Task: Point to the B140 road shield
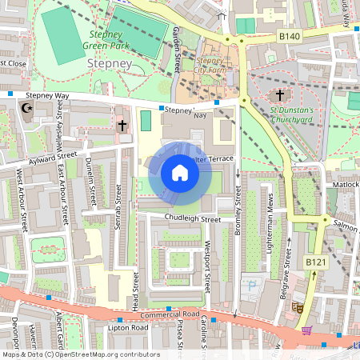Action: (288, 36)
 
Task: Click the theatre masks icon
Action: (297, 306)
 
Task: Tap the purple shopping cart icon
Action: (306, 330)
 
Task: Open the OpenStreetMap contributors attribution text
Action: (80, 354)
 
